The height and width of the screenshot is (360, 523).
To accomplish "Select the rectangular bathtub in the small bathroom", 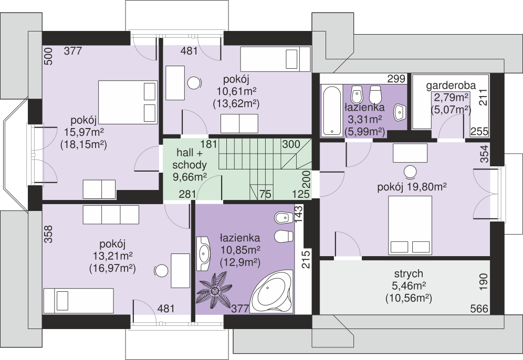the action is [x=331, y=110].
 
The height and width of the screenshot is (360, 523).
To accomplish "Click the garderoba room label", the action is [x=451, y=86].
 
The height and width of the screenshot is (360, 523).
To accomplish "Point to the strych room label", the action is [x=409, y=273].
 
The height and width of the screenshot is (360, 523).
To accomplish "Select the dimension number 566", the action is [x=479, y=309].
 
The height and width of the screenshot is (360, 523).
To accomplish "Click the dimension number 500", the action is [x=48, y=56].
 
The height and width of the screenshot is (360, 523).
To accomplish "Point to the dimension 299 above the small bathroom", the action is [x=396, y=79].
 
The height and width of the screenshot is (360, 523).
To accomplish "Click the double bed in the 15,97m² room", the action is [x=128, y=102].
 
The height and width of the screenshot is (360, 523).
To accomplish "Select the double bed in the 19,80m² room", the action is [x=410, y=225].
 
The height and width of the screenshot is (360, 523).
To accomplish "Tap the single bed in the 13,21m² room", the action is [x=79, y=301].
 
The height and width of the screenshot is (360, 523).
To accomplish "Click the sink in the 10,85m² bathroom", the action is [x=203, y=253].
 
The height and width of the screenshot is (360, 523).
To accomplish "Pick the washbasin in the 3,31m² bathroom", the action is [x=400, y=112].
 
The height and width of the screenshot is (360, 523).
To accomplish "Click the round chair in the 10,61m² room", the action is [x=194, y=83].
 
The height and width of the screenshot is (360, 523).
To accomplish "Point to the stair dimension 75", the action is [x=265, y=194].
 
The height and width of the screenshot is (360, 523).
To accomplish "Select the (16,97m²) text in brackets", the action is [x=112, y=268].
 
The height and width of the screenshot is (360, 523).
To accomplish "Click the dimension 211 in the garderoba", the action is [x=483, y=97].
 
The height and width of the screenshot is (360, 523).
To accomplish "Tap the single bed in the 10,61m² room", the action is [x=275, y=59].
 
